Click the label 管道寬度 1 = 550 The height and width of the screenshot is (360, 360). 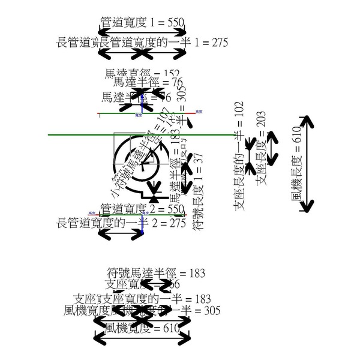142,22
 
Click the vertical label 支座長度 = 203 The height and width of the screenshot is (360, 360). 260,148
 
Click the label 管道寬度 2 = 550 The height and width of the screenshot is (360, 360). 142,209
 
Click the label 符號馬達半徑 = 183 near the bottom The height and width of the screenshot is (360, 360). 156,273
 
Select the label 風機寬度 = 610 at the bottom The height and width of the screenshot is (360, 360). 142,328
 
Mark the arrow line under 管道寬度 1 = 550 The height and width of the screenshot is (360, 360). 142,31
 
